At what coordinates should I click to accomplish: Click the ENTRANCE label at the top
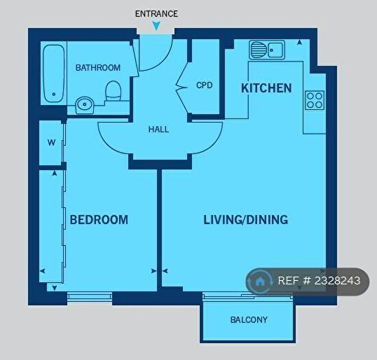(x=156, y=13)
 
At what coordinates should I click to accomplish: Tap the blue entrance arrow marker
(x=156, y=26)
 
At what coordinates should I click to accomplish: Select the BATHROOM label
(x=98, y=68)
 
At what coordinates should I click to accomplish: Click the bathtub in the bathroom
(x=53, y=74)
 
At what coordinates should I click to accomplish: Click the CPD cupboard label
(x=204, y=86)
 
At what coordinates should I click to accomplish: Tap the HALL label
(x=158, y=129)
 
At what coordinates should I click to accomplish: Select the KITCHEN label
(x=266, y=88)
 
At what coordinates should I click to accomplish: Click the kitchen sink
(x=267, y=50)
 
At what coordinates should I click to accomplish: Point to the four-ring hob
(x=315, y=100)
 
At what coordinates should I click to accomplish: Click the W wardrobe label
(x=51, y=143)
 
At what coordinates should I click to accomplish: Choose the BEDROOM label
(x=99, y=220)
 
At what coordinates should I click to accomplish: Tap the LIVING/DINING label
(x=245, y=220)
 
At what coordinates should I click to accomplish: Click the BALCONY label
(x=248, y=320)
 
